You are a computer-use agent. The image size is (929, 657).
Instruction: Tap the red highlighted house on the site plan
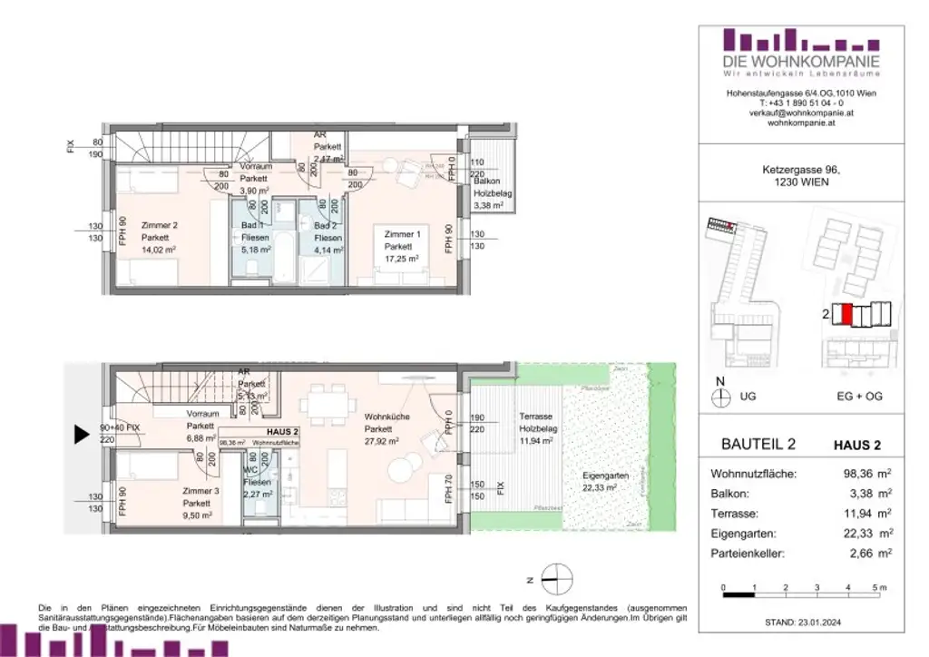(x=846, y=316)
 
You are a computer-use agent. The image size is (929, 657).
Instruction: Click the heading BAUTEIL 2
(x=758, y=445)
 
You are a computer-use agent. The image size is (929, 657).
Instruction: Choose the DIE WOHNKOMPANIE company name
(x=801, y=61)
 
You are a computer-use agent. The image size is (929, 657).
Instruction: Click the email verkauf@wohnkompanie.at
(x=801, y=113)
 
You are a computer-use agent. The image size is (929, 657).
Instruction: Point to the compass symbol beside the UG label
(x=722, y=397)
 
